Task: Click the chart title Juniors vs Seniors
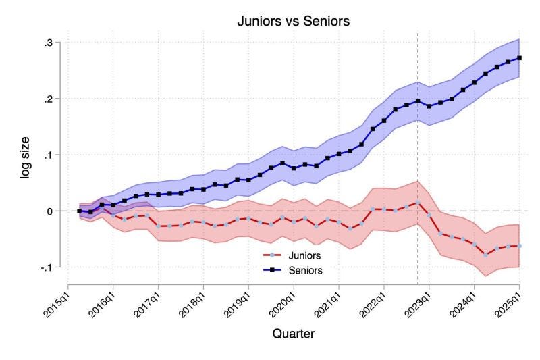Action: (x=293, y=21)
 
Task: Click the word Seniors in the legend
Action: (x=306, y=270)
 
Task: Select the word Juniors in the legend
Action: (x=305, y=256)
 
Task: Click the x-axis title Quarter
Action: (x=293, y=333)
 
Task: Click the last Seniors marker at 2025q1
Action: (x=519, y=58)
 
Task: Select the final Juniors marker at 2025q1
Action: (x=519, y=246)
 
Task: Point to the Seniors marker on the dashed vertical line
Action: (x=418, y=101)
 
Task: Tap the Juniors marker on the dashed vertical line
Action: (x=418, y=202)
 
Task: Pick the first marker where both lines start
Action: (x=80, y=211)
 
